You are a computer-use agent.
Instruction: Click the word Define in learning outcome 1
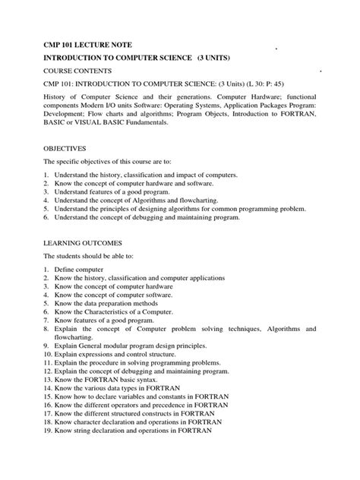[65, 270]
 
